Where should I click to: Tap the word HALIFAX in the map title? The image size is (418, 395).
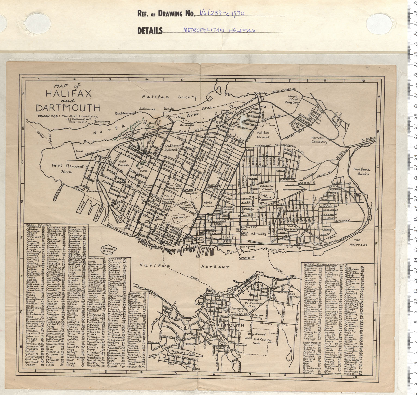[x=68, y=94]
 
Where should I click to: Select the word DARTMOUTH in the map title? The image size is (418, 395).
[x=68, y=108]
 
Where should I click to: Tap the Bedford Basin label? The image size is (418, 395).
[x=362, y=171]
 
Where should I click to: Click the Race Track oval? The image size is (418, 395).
[x=266, y=196]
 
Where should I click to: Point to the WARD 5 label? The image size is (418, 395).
[x=247, y=257]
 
